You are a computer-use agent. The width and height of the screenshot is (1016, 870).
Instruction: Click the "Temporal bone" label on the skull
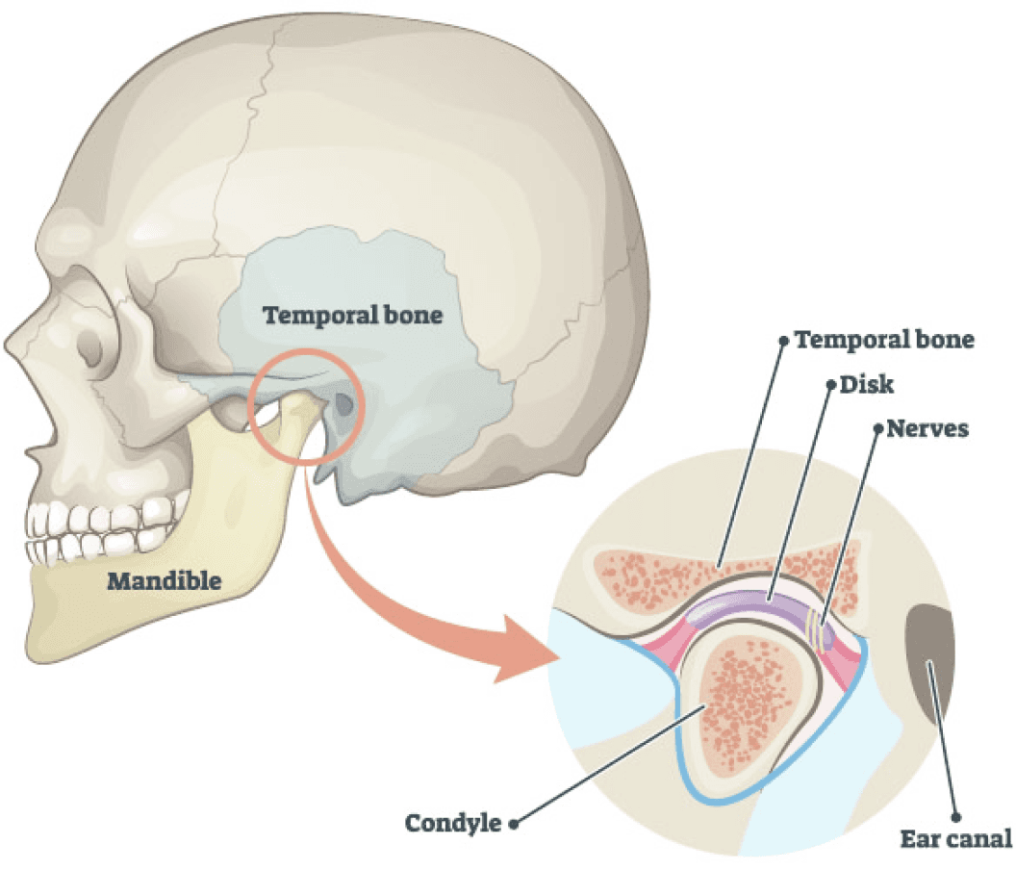(352, 315)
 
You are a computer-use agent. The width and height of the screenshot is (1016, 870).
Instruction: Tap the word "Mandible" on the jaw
(164, 581)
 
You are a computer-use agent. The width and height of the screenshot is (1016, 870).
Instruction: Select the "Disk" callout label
(866, 384)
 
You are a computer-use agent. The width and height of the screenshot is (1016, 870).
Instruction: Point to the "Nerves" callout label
(927, 428)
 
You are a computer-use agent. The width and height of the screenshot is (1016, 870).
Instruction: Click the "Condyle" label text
(453, 823)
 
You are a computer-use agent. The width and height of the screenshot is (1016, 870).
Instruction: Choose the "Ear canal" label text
(955, 839)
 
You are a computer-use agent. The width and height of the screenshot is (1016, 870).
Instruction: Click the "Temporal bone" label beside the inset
(884, 340)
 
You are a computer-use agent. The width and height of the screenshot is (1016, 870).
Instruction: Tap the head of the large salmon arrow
(525, 650)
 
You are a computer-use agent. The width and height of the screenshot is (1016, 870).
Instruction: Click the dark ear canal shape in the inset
(929, 661)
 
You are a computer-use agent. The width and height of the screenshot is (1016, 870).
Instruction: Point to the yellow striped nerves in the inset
(819, 629)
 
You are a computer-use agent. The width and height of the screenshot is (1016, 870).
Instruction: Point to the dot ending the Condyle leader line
(513, 825)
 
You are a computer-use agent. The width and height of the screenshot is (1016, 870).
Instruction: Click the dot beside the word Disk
(830, 385)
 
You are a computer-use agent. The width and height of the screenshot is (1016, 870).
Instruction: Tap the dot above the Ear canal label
(955, 817)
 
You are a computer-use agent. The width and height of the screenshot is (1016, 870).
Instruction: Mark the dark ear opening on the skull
(343, 405)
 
